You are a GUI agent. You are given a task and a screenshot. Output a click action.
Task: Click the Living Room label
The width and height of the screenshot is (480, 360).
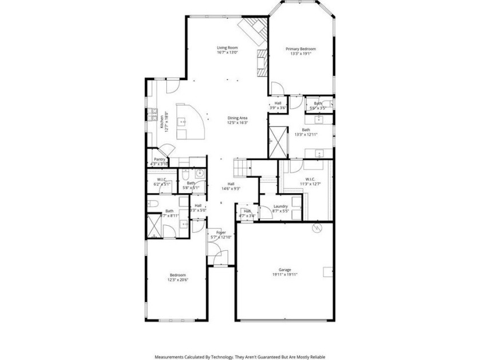pyautogui.click(x=227, y=47)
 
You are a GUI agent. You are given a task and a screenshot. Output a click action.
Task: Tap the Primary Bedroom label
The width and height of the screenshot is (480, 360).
pyautogui.click(x=301, y=49)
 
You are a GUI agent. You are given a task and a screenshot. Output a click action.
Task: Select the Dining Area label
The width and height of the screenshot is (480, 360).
pyautogui.click(x=237, y=118)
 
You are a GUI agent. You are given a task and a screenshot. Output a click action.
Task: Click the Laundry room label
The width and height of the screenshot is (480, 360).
pyautogui.click(x=280, y=206)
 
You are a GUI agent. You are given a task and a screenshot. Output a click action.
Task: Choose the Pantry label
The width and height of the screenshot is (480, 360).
pyautogui.click(x=159, y=159)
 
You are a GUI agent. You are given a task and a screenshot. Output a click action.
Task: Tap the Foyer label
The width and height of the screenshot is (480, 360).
pyautogui.click(x=220, y=233)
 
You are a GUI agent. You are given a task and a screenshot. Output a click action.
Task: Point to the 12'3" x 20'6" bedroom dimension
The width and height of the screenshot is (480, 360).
pyautogui.click(x=177, y=280)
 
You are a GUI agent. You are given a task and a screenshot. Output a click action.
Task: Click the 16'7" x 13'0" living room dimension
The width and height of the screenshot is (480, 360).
pyautogui.click(x=227, y=53)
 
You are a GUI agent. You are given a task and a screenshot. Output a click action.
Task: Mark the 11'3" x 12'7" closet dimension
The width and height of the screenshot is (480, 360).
pyautogui.click(x=305, y=184)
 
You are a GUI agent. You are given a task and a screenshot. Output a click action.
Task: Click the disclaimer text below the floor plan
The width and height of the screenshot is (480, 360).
pyautogui.click(x=240, y=355)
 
